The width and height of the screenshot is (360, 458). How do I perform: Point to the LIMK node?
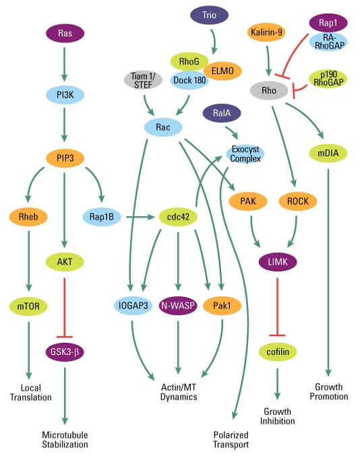pos(278,261)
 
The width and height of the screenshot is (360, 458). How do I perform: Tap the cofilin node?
pos(278,351)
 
